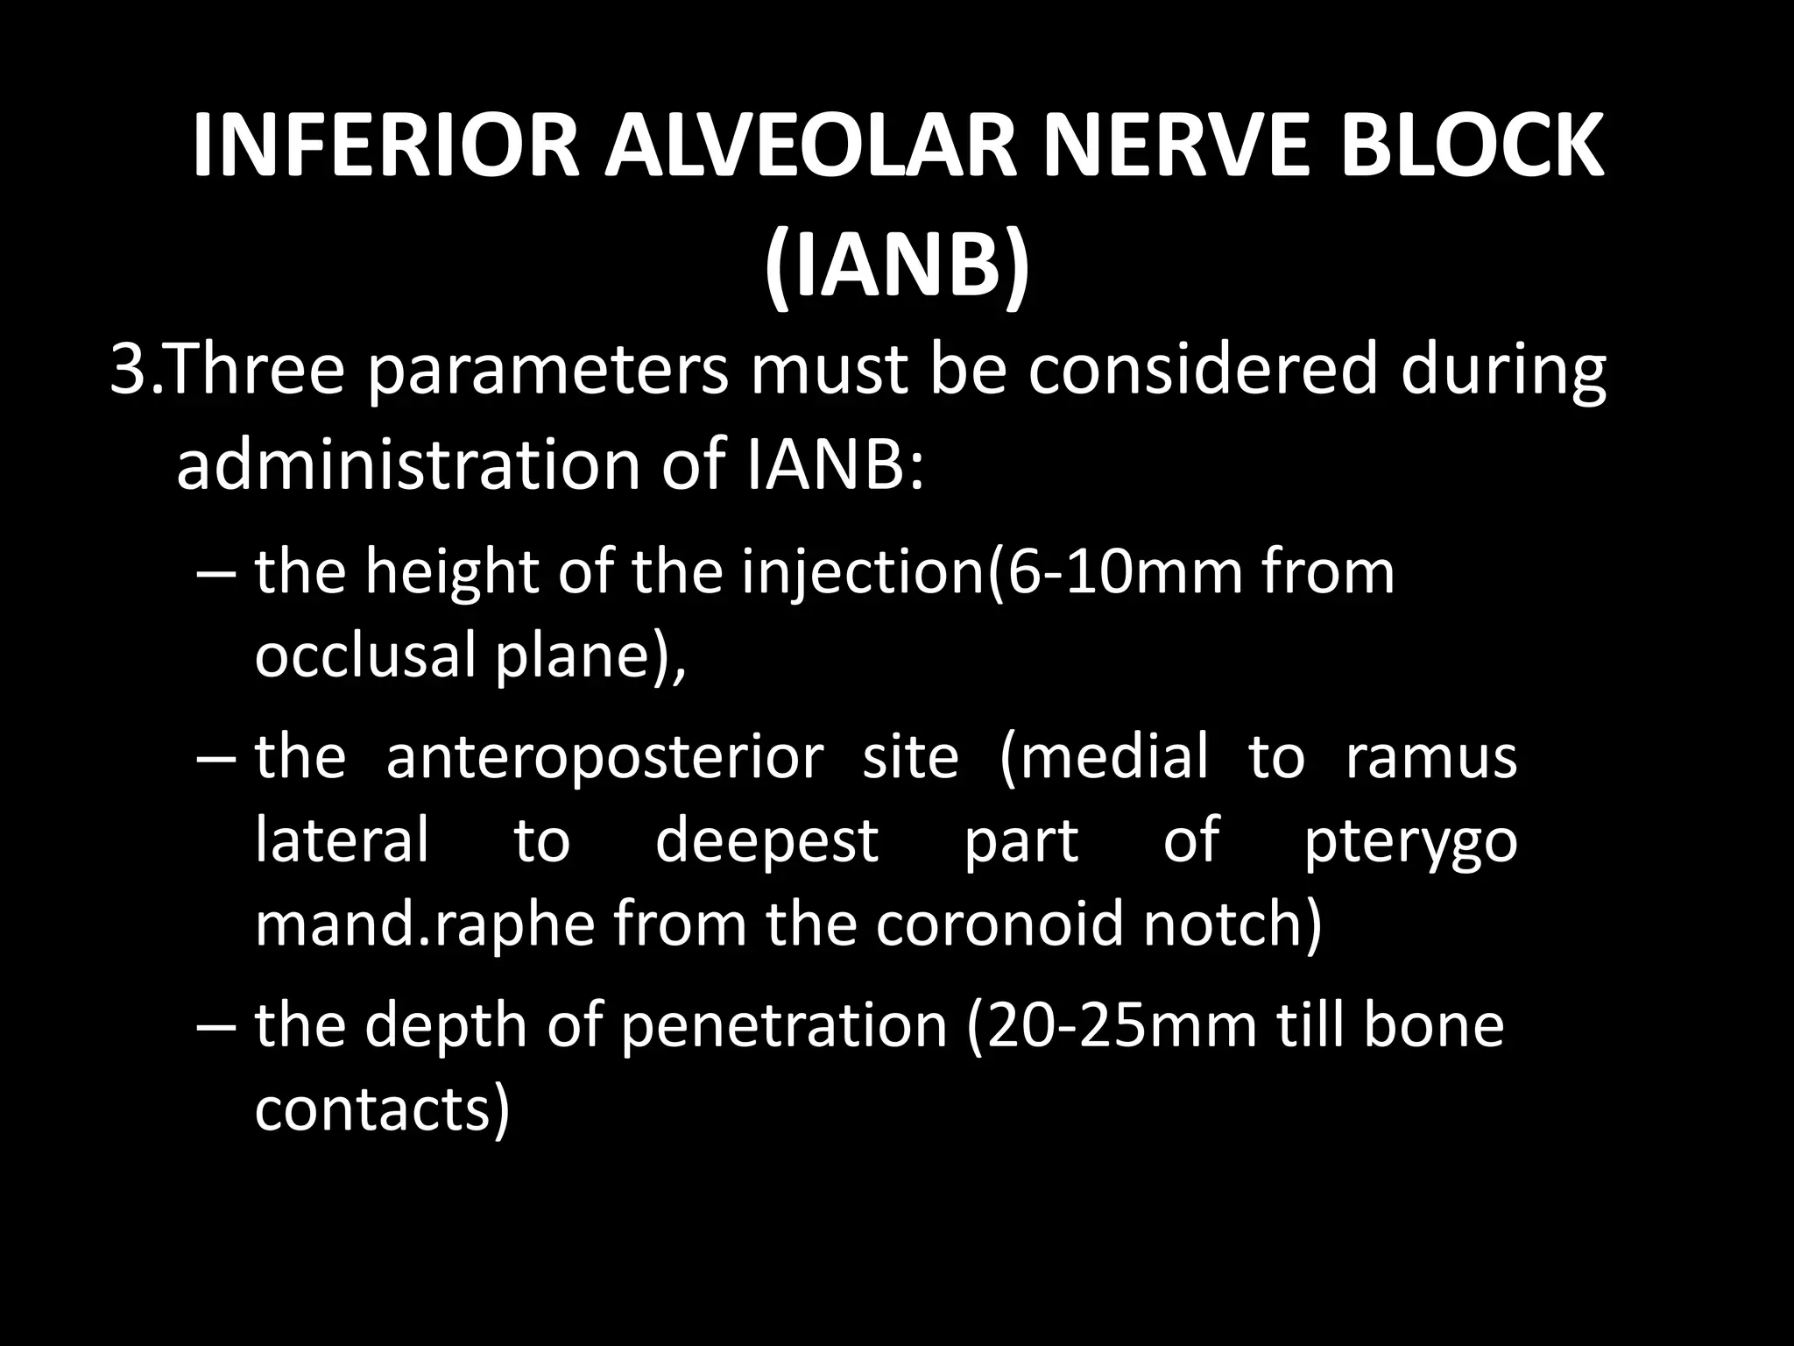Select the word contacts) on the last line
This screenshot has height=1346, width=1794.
tap(382, 1109)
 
